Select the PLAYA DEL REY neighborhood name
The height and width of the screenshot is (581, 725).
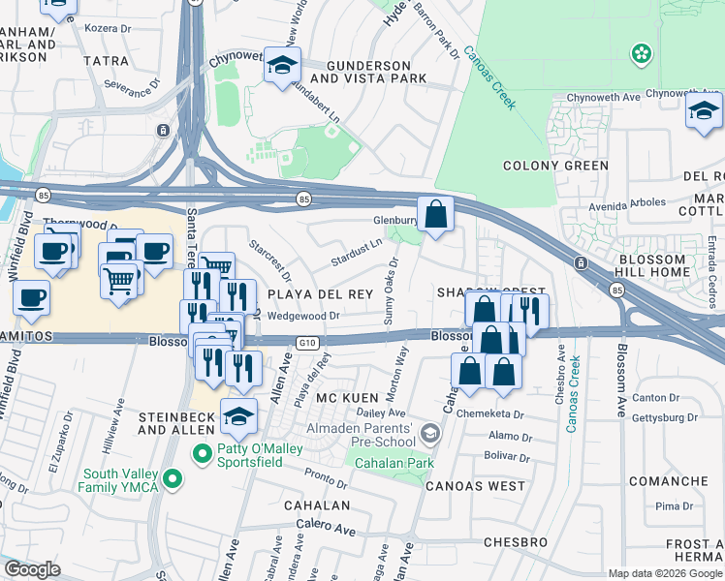pyautogui.click(x=320, y=294)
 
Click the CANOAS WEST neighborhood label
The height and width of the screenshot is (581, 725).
pyautogui.click(x=475, y=485)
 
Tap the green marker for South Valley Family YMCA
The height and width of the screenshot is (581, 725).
pyautogui.click(x=173, y=477)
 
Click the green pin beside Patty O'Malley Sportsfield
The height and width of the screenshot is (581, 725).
pyautogui.click(x=202, y=452)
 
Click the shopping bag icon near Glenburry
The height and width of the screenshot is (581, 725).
pyautogui.click(x=436, y=213)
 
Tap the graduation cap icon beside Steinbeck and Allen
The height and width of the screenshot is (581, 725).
pyautogui.click(x=238, y=416)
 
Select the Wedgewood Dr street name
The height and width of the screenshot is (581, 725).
pyautogui.click(x=306, y=315)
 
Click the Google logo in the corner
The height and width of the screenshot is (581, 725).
pyautogui.click(x=33, y=568)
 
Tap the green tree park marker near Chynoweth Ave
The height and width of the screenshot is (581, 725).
pyautogui.click(x=641, y=54)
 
